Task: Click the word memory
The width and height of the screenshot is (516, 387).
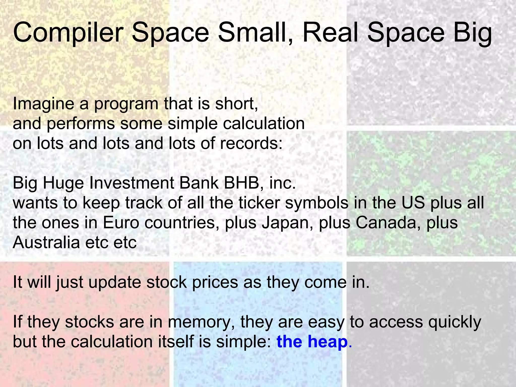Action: pos(202,322)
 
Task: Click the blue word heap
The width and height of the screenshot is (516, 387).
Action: pos(328,342)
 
